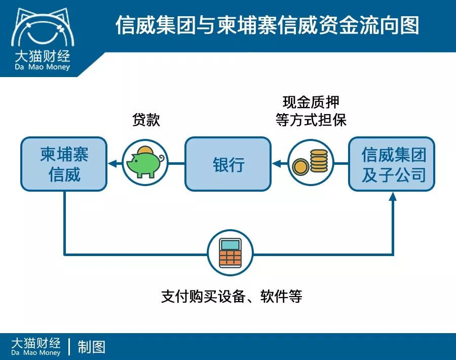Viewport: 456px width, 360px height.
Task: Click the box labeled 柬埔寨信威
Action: pos(64,164)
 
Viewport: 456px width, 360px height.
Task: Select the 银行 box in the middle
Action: pos(228,164)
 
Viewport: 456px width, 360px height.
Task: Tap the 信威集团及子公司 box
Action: pos(392,164)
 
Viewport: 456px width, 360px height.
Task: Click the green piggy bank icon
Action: pos(145,164)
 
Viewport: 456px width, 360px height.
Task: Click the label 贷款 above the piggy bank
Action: pos(146,120)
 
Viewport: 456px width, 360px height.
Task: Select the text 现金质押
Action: pos(311,102)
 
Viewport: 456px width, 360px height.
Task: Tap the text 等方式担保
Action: pos(311,120)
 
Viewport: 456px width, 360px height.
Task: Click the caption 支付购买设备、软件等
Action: pos(232,296)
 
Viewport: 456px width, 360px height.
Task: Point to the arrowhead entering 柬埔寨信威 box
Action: pos(112,164)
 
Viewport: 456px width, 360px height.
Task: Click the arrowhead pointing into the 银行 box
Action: pos(276,164)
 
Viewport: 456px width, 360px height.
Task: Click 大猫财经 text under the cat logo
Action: pos(42,55)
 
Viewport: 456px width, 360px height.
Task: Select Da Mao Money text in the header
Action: pos(42,67)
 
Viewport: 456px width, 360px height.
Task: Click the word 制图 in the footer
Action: pos(92,347)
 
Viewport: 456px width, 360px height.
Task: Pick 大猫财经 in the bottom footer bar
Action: pos(35,342)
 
